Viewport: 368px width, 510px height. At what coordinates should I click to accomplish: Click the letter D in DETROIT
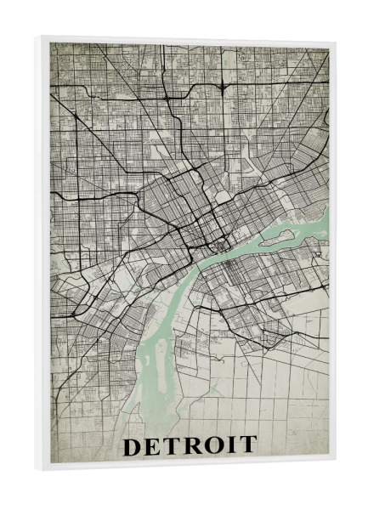pos(133,445)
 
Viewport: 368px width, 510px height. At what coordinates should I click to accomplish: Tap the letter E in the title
pos(154,445)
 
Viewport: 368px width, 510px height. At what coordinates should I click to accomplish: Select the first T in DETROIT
pos(173,445)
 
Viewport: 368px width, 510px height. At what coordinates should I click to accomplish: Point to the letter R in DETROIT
pos(192,445)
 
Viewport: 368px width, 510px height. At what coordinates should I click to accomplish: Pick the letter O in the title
pos(212,445)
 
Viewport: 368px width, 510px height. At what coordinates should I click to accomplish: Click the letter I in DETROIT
pos(230,445)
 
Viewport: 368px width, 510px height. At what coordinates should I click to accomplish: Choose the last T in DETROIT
pos(246,445)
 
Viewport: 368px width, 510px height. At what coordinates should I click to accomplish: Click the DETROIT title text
pos(190,445)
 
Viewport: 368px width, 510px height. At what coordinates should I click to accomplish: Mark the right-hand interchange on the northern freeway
pos(222,86)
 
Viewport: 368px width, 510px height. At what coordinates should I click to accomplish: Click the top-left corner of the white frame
pos(37,36)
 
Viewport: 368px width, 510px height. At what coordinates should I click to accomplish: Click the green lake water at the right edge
pos(320,223)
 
